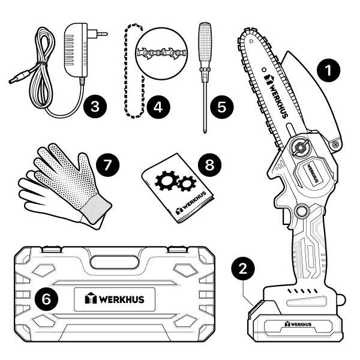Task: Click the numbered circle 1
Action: pos(329,70)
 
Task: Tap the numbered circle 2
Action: pos(243,268)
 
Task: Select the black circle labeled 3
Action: pos(95,107)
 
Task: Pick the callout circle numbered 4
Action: pos(158,107)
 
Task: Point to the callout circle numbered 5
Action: pos(222,107)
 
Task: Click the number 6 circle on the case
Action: pos(46,299)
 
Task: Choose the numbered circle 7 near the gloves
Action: pos(107,165)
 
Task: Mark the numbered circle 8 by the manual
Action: pos(209,165)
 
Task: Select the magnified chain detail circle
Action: pos(161,53)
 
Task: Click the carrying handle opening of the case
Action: pos(115,262)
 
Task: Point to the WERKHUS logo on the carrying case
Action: pos(115,299)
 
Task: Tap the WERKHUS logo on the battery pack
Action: pos(298,324)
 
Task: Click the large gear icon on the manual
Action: pos(167,181)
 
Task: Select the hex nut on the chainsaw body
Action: pos(299,148)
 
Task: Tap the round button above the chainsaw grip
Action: pos(302,211)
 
